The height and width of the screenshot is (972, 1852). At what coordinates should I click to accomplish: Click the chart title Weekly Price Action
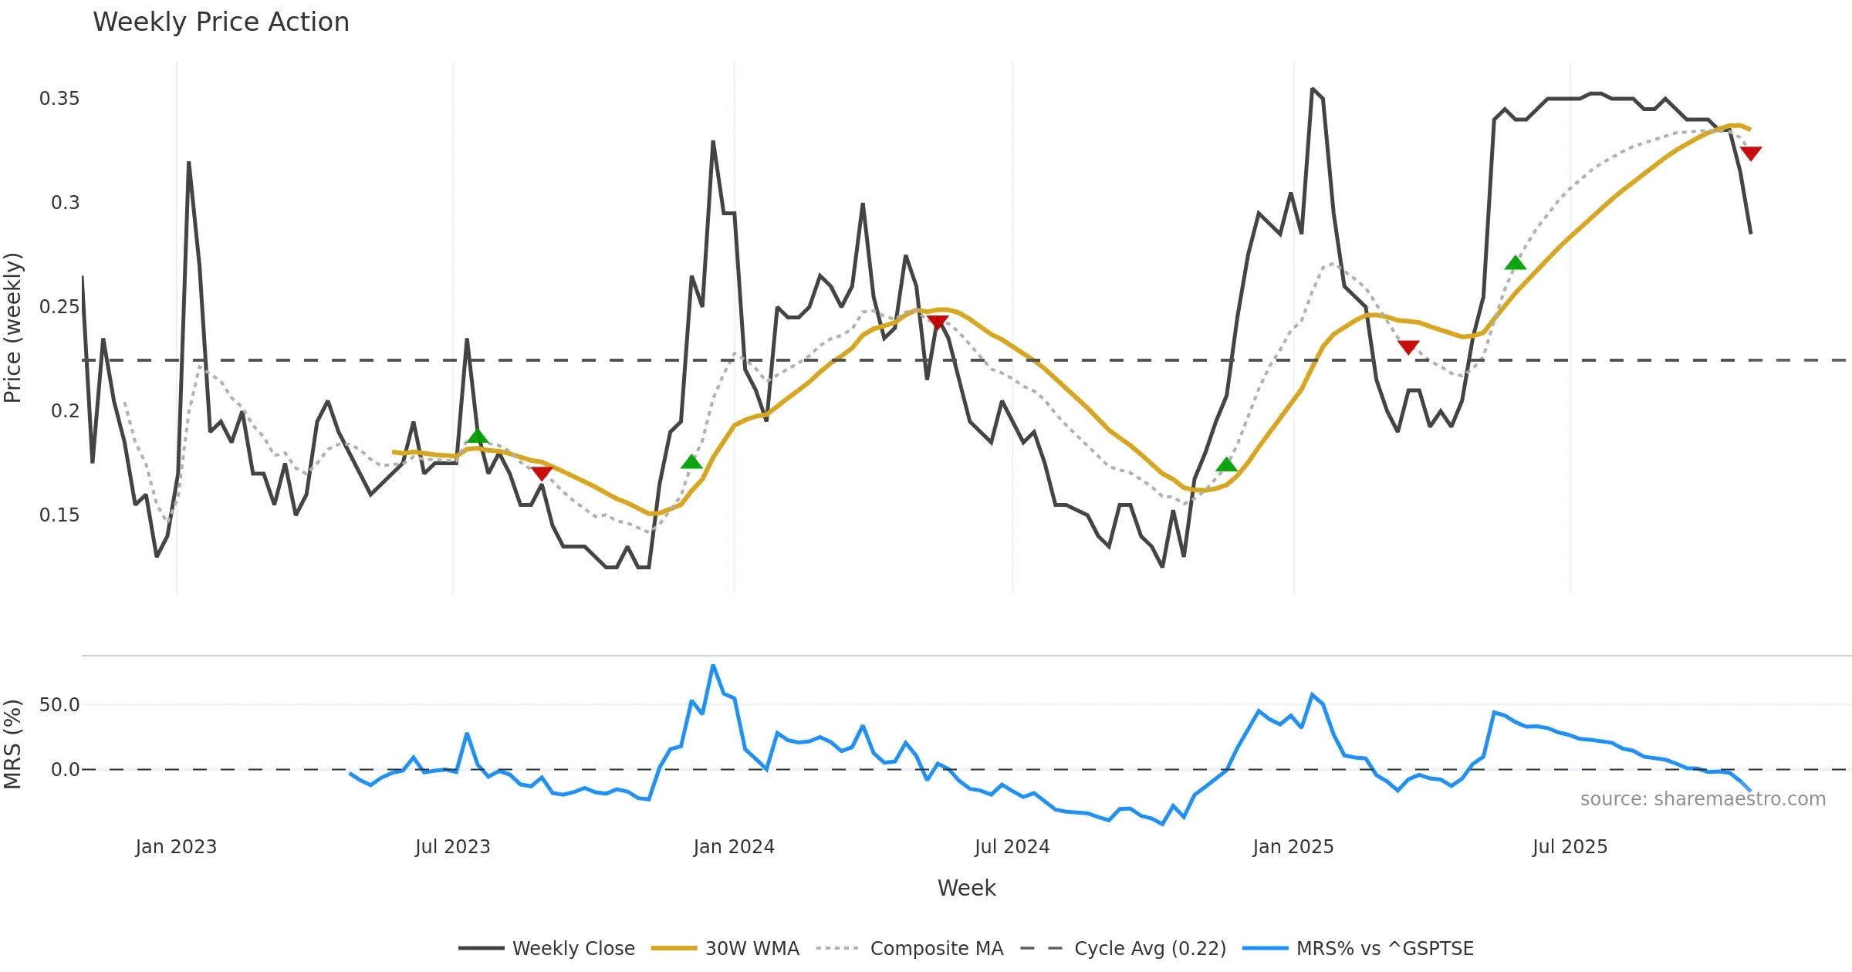point(221,22)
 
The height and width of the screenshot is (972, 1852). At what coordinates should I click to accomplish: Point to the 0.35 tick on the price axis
point(59,99)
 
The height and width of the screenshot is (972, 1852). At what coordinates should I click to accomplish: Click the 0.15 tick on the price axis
point(59,515)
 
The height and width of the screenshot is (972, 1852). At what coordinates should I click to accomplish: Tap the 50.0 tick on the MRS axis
point(59,705)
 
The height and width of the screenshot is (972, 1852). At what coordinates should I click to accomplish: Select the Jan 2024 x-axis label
point(733,847)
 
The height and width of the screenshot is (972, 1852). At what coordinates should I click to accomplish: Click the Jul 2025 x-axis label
point(1570,847)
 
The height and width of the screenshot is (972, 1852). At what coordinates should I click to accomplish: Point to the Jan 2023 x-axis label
point(176,847)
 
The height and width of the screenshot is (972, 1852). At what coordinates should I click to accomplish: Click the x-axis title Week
point(966,889)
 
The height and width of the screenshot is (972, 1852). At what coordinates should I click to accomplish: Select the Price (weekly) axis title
point(13,328)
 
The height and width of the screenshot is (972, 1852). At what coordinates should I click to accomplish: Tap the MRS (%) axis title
point(13,744)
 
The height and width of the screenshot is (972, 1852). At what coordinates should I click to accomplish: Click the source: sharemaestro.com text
point(1702,799)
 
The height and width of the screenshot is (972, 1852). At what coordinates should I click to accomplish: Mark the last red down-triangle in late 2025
point(1751,154)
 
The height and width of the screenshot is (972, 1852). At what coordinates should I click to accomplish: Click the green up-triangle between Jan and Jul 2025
point(1515,263)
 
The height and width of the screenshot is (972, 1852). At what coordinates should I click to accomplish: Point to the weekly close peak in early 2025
point(1312,89)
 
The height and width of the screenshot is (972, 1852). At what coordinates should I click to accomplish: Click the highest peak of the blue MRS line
point(713,665)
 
